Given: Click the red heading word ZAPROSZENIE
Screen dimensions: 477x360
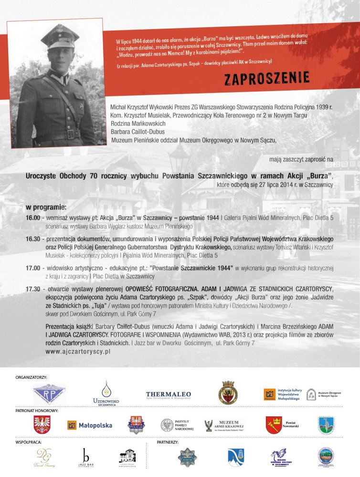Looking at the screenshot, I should point(267,77).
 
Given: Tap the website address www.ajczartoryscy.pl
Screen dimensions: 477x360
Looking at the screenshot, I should point(78,351).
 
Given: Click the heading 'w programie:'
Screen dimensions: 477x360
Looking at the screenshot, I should point(46,207).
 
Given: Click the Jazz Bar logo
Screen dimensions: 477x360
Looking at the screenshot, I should point(86,458).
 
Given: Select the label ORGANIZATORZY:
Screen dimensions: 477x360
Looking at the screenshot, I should point(31,377).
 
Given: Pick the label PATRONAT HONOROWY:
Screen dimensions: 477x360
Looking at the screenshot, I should point(37,410).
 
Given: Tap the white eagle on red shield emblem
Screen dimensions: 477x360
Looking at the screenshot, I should point(42,425).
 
